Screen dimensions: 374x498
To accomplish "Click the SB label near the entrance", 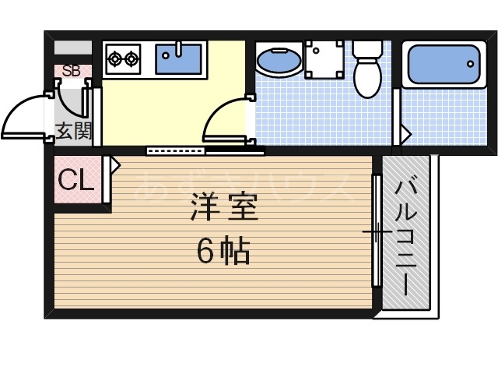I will [72, 71].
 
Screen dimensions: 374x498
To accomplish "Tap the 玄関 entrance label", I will [73, 130].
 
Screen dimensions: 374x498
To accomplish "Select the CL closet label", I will [76, 182].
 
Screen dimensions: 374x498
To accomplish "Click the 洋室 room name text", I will [224, 208].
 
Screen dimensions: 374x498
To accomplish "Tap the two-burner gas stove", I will [124, 58].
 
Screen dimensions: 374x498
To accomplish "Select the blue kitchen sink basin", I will [178, 58].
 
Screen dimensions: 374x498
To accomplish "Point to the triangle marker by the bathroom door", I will [404, 133].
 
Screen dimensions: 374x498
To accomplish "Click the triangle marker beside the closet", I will [115, 165].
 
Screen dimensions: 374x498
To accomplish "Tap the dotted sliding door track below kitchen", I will [176, 150].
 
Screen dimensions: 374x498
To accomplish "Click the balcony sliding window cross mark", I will [376, 233].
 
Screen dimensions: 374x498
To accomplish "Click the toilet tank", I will [365, 48].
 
